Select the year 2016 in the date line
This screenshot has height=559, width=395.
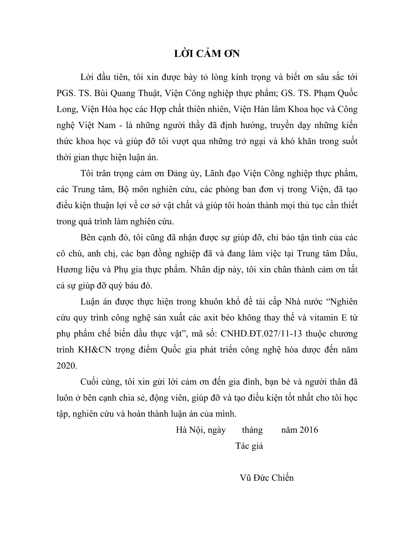pos(308,430)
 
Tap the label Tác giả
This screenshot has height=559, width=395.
pos(249,446)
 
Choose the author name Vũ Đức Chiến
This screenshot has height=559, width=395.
pos(267,477)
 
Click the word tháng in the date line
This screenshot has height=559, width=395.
pos(252,430)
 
